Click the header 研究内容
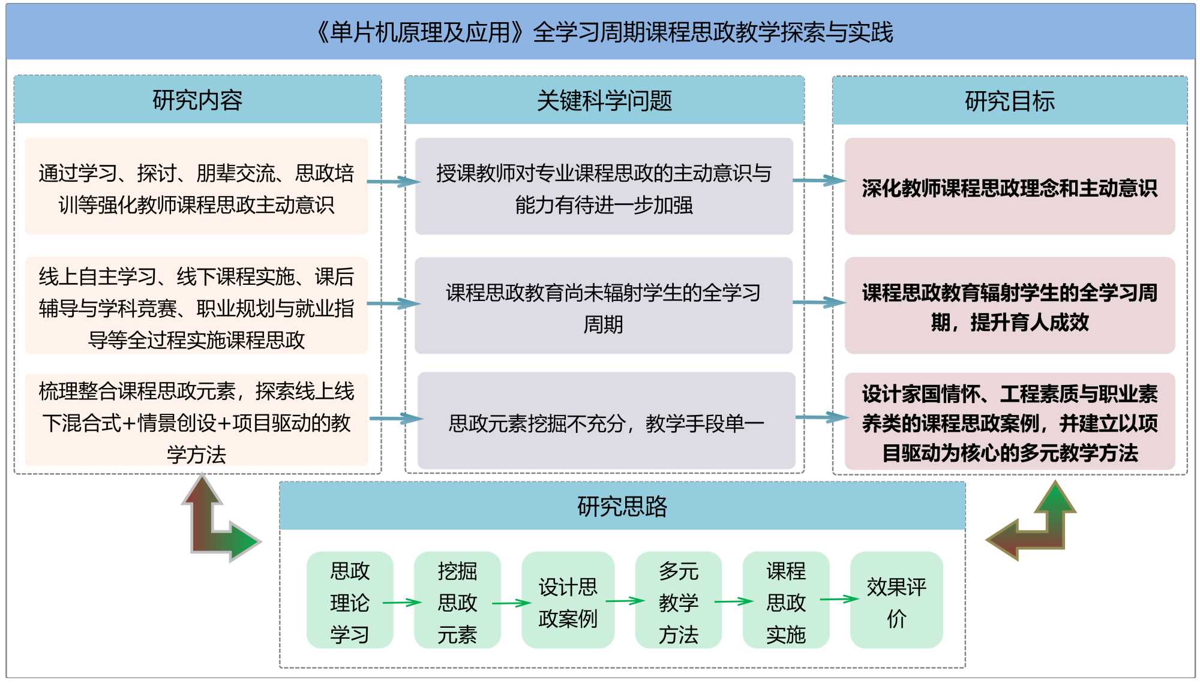point(197,100)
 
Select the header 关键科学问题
point(604,101)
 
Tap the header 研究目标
point(1009,101)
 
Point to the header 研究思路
point(622,507)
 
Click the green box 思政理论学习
point(350,600)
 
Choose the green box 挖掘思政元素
point(457,600)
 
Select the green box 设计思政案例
point(568,600)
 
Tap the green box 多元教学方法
point(678,600)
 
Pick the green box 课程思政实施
point(785,600)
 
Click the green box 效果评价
point(896,600)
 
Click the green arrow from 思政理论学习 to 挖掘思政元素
point(402,602)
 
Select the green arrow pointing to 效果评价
point(839,598)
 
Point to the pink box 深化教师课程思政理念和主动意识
point(1009,187)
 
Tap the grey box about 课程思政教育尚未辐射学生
point(603,306)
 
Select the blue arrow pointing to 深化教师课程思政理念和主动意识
point(818,180)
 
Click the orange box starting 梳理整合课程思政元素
point(196,422)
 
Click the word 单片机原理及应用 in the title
point(420,32)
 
